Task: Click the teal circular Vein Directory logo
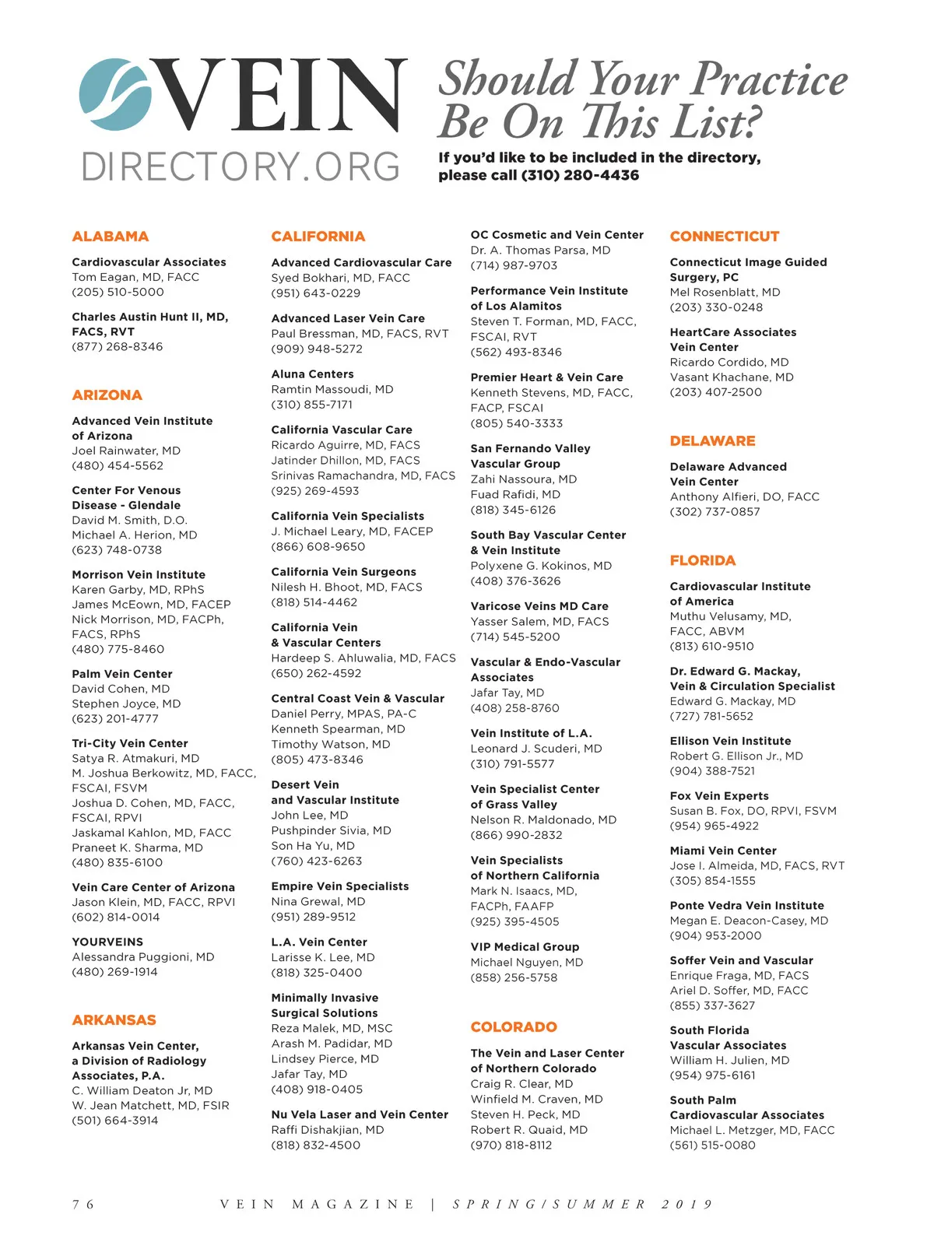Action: click(x=116, y=94)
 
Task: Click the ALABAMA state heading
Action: click(x=110, y=237)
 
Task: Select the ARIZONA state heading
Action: click(x=107, y=395)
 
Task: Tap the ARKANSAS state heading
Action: click(x=114, y=1020)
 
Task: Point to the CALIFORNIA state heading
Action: click(x=318, y=237)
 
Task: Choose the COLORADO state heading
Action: click(x=514, y=1027)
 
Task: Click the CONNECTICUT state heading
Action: click(x=724, y=237)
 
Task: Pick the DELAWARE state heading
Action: click(x=712, y=441)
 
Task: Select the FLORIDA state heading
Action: click(x=702, y=560)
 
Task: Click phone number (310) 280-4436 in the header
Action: click(x=580, y=176)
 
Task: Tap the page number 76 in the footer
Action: click(x=83, y=1205)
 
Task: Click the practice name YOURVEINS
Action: click(x=107, y=942)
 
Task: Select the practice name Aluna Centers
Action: click(x=312, y=374)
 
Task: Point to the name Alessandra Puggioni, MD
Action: click(x=142, y=957)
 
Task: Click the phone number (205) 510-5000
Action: click(x=118, y=293)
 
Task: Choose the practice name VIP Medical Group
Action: click(x=525, y=947)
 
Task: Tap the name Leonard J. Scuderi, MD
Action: click(x=535, y=749)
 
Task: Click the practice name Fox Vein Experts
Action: click(x=718, y=796)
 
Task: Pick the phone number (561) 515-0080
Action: click(x=712, y=1146)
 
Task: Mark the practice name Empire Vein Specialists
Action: click(x=339, y=886)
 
